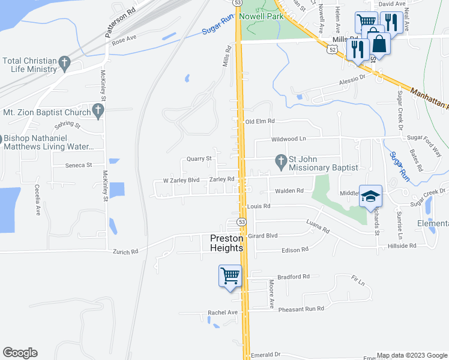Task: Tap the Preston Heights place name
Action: coord(226,242)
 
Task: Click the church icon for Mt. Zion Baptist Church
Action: coord(98,111)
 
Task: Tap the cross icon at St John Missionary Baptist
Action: coord(280,160)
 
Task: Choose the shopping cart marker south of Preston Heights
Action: coord(231,276)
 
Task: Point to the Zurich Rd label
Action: coord(125,251)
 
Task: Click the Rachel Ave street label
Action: coord(223,313)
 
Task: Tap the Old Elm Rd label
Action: coord(259,121)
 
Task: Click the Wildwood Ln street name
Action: coord(289,139)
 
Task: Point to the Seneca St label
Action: coord(80,165)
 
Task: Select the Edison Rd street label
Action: coord(295,249)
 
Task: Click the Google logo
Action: coord(20,353)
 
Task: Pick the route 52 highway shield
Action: coord(332,51)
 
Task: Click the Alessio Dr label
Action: coord(352,79)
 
